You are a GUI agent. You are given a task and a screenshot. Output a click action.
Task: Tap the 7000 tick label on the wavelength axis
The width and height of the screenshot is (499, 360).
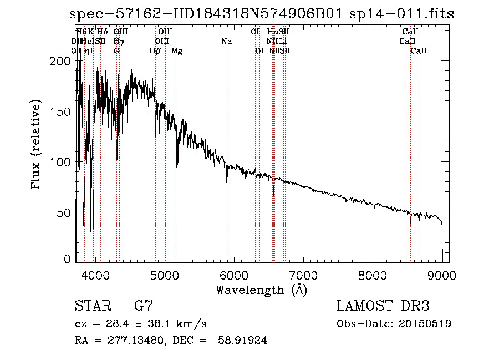[x=303, y=275]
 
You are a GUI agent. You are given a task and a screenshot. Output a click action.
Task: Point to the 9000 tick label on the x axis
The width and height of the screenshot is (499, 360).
[x=441, y=275]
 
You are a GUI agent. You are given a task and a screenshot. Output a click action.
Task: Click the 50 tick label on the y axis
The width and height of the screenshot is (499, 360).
[x=65, y=212]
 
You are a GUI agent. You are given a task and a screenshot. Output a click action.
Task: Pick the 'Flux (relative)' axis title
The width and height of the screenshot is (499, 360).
[x=37, y=146]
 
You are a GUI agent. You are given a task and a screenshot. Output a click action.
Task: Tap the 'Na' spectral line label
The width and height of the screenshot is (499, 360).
[x=226, y=41]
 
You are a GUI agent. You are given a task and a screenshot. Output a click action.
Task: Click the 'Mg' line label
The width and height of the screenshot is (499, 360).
[x=177, y=51]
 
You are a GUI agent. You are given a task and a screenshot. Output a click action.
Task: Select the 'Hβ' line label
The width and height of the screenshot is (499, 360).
[x=155, y=51]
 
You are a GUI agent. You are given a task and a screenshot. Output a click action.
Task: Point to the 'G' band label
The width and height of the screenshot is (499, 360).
[x=116, y=51]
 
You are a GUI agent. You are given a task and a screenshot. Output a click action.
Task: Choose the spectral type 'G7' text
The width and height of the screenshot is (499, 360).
[x=144, y=306]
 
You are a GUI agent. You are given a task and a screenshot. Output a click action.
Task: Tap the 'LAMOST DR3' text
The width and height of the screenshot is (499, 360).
[x=383, y=306]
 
